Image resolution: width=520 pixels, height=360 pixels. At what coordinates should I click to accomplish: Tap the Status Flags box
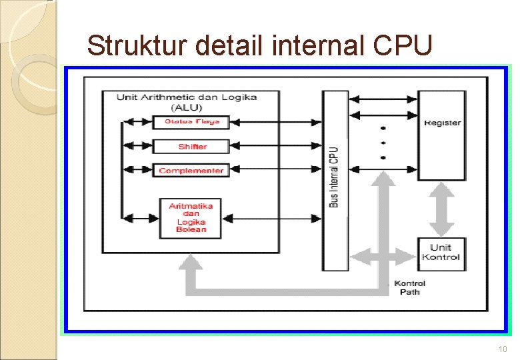click(191, 121)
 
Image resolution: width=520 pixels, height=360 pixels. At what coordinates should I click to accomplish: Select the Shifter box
click(191, 147)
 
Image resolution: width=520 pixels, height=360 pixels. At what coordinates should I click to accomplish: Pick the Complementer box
click(191, 171)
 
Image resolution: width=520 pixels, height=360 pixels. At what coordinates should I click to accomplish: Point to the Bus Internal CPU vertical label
click(334, 177)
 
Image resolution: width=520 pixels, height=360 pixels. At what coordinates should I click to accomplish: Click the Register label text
click(442, 123)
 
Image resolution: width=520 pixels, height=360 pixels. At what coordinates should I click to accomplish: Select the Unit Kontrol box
click(441, 253)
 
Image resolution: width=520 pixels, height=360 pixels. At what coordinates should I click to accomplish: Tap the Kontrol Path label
click(409, 288)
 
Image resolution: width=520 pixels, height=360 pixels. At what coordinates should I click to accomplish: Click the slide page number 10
click(502, 350)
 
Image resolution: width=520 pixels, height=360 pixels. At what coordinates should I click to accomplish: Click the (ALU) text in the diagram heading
click(186, 107)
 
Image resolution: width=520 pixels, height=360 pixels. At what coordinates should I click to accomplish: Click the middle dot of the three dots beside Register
click(383, 142)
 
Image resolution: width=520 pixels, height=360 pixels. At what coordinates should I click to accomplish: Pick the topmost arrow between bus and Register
click(383, 99)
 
